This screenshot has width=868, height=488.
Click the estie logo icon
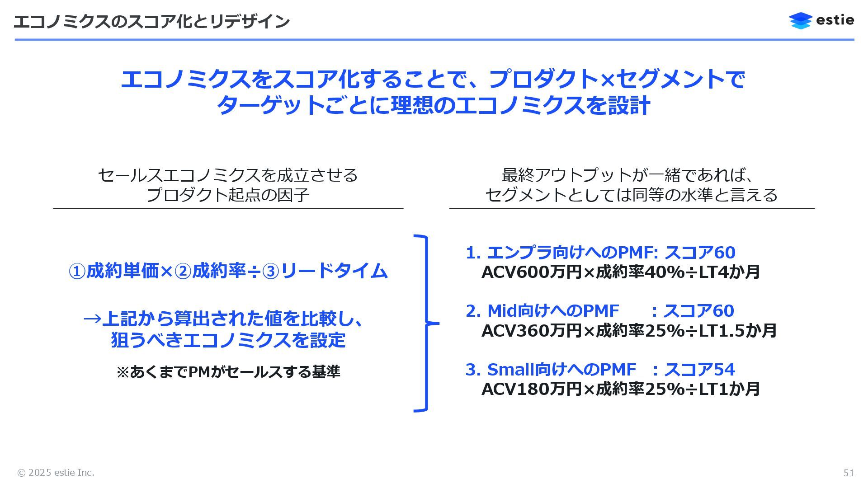(x=800, y=21)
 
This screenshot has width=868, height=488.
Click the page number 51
(x=849, y=473)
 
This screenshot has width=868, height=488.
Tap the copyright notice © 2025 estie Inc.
(x=56, y=473)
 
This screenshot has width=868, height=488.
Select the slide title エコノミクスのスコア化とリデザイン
(x=151, y=21)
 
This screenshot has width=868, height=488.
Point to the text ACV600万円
(x=531, y=272)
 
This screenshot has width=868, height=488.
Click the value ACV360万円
(x=531, y=331)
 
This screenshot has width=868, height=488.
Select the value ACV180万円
(x=531, y=389)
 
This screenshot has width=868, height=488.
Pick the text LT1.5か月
(x=738, y=331)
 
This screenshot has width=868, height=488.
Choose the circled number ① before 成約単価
(x=77, y=272)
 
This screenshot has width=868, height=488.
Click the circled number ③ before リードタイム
(x=271, y=272)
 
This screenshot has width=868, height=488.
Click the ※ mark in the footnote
(x=123, y=372)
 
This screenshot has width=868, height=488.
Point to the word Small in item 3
(x=510, y=370)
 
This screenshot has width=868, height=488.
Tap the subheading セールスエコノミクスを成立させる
(x=228, y=175)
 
